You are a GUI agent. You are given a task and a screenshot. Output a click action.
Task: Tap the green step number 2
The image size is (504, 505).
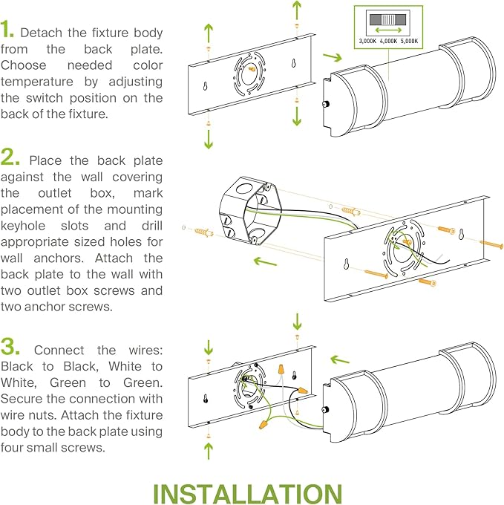(10, 157)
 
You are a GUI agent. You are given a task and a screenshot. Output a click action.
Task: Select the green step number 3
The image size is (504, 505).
(10, 347)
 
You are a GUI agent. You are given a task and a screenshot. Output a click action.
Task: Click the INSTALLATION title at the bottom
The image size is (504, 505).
(247, 493)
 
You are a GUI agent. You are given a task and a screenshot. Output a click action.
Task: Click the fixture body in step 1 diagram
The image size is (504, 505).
(401, 93)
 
